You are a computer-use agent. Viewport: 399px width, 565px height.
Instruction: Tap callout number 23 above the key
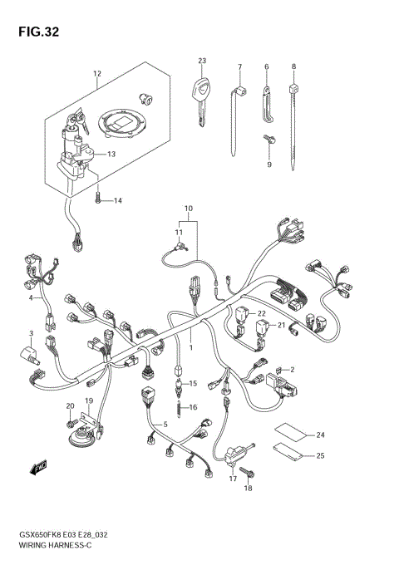[201, 61]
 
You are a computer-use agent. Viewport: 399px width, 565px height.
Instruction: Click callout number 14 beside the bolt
[117, 201]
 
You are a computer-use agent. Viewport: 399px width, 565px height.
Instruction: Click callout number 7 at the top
[239, 66]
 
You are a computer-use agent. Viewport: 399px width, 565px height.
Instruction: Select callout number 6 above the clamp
[266, 66]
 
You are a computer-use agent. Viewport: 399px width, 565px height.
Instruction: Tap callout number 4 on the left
[32, 297]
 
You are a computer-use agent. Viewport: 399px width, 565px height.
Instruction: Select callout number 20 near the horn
[71, 405]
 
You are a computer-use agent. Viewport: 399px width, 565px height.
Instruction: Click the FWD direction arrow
[38, 469]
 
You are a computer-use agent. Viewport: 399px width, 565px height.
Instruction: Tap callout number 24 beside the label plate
[320, 435]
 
